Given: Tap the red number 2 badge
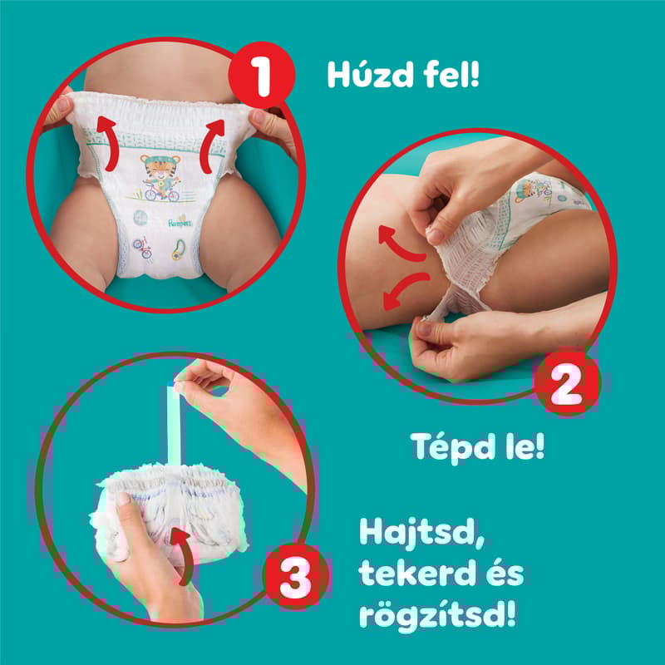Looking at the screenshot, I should coord(566,385).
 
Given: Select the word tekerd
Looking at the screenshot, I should coord(415,574).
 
